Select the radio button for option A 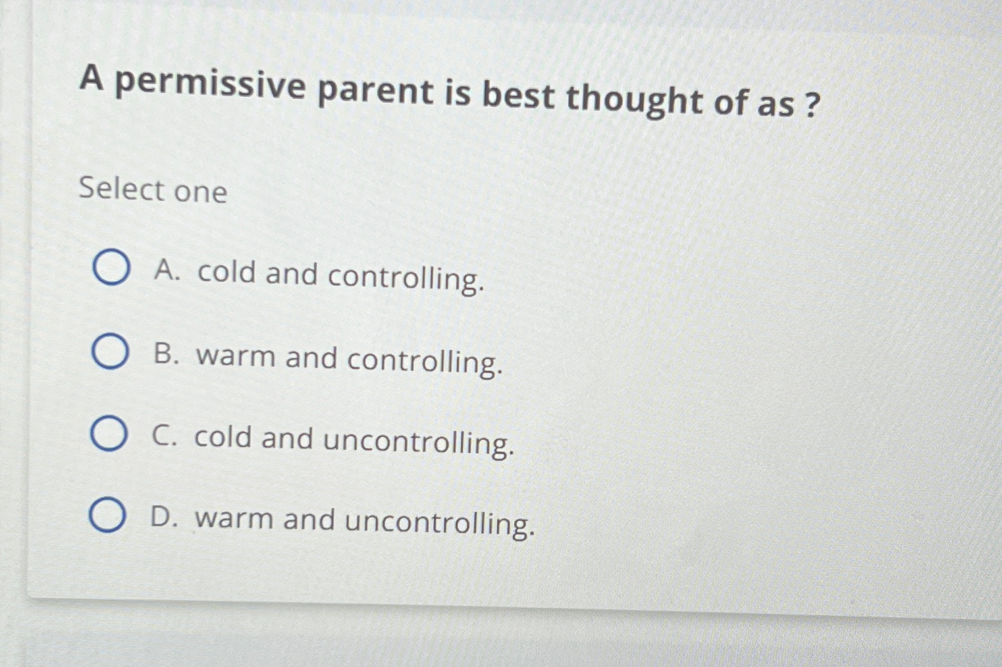click(x=111, y=267)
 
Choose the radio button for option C click(x=108, y=434)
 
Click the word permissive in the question click(x=210, y=87)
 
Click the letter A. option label click(x=167, y=270)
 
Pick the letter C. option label click(x=165, y=436)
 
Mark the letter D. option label click(x=164, y=518)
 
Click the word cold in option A click(x=226, y=272)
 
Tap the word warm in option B click(x=236, y=356)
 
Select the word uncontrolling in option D click(x=439, y=523)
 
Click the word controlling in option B click(x=425, y=361)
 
